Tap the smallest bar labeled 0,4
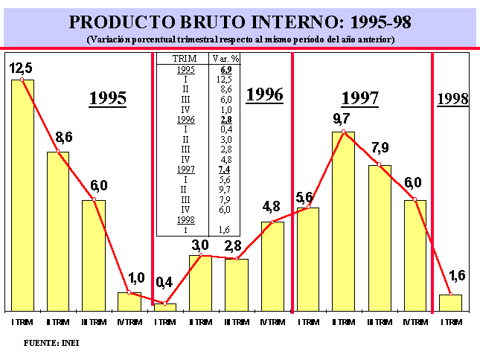(x=165, y=306)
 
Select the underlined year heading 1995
(x=108, y=98)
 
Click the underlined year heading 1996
(x=265, y=94)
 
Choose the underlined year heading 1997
(x=360, y=98)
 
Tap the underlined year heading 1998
(x=452, y=98)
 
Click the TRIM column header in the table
(x=184, y=58)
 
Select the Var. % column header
(x=225, y=58)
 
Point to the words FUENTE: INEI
(x=51, y=343)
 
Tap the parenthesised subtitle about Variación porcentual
(x=240, y=39)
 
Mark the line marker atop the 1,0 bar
(x=129, y=292)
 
